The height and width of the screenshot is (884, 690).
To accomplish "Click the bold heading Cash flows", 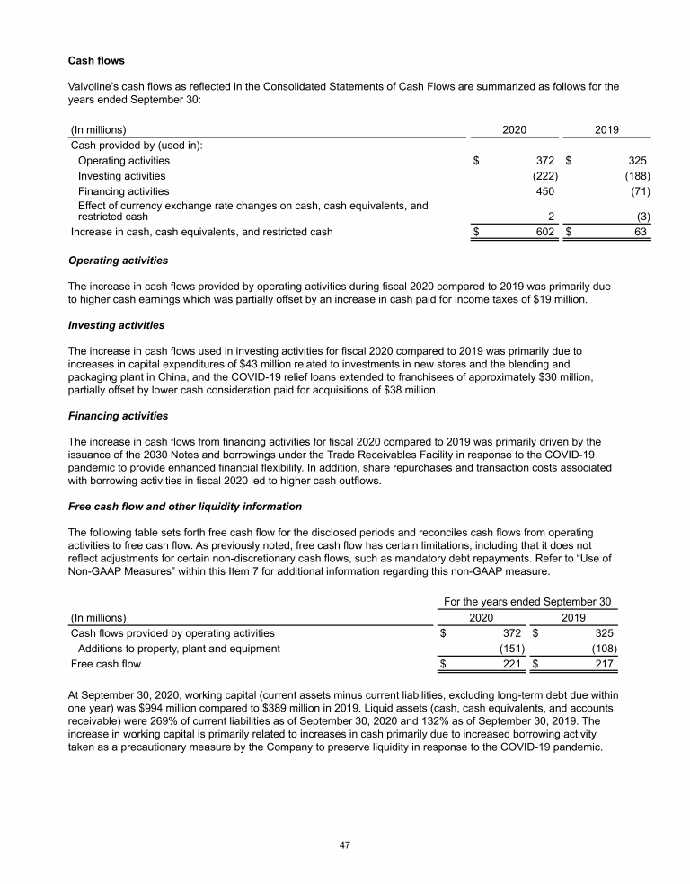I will (x=97, y=62).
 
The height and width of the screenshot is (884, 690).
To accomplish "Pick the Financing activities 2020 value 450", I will (x=544, y=191).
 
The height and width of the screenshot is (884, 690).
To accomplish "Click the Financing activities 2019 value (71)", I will (x=640, y=191).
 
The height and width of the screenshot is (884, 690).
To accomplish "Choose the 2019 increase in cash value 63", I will (x=642, y=232).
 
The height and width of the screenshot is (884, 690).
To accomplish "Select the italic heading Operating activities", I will (x=118, y=261).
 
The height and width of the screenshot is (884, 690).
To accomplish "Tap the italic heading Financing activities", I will (x=118, y=416).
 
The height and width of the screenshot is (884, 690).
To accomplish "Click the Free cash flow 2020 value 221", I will (x=512, y=665).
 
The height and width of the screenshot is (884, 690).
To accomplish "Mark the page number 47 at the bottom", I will (x=345, y=844).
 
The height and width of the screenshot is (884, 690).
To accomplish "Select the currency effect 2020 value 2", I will (x=550, y=217).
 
